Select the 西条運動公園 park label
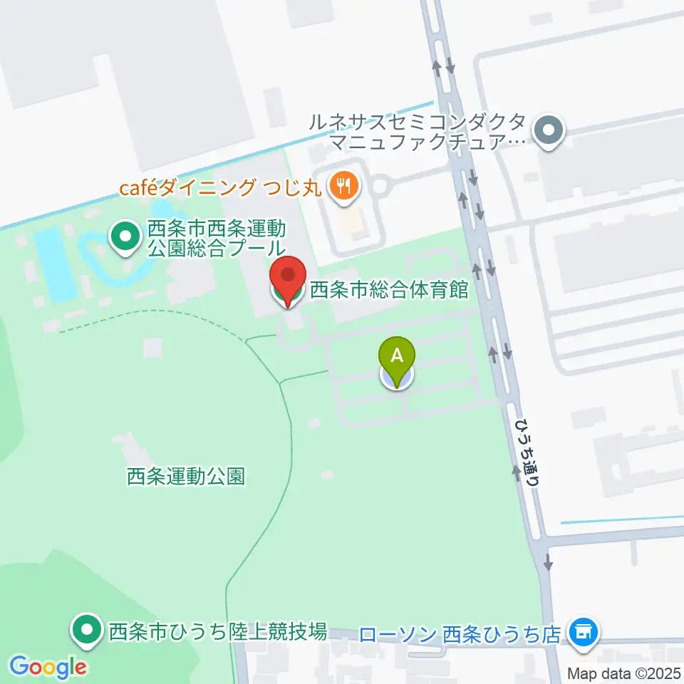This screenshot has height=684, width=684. (186, 476)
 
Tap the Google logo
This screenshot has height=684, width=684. (48, 667)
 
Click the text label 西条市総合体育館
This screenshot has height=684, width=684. (388, 291)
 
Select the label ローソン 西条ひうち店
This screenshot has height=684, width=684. (460, 633)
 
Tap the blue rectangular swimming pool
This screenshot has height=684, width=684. (55, 264)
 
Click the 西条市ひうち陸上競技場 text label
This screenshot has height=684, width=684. (217, 631)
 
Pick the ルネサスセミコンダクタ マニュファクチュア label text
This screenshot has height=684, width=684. (420, 130)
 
